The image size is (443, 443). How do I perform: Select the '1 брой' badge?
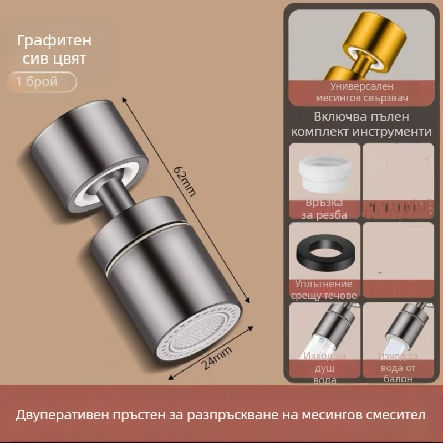pyautogui.click(x=37, y=81)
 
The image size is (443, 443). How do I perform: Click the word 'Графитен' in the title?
pyautogui.click(x=54, y=41)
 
